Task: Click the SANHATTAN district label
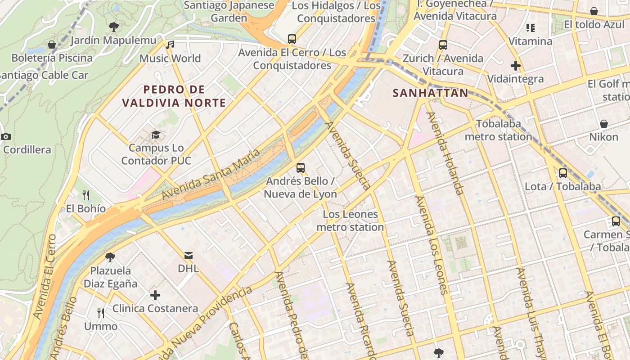[430, 93]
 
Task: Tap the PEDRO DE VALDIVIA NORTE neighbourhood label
[174, 96]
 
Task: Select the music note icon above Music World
[170, 45]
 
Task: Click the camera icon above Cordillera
[6, 136]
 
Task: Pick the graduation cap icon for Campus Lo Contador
[156, 135]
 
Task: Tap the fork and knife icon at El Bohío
[86, 195]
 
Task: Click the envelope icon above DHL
[188, 256]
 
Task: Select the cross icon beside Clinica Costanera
[155, 295]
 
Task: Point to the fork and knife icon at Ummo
[101, 313]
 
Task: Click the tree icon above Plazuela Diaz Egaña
[110, 257]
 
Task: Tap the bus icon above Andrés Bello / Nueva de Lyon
[301, 168]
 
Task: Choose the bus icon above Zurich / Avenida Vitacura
[443, 45]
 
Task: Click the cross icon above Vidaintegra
[516, 66]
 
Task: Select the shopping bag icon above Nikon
[604, 123]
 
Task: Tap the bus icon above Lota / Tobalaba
[562, 173]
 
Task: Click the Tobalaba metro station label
[498, 130]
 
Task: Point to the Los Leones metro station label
[350, 220]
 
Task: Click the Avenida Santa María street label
[211, 175]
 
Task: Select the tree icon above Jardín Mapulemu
[114, 27]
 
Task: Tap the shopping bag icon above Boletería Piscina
[52, 45]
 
